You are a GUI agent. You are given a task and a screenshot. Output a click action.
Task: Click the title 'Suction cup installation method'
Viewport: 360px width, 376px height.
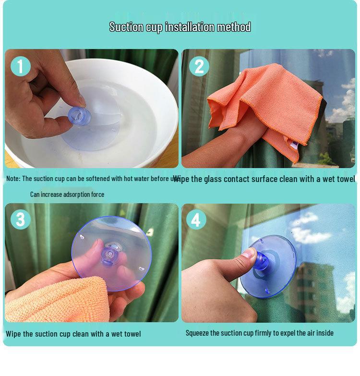click(x=180, y=26)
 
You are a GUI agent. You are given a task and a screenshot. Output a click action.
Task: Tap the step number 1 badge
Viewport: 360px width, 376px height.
click(x=20, y=66)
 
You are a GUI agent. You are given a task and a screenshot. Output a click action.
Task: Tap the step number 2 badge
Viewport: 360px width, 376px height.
click(x=199, y=66)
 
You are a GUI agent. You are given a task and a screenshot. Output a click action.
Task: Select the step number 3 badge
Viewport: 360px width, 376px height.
click(x=20, y=220)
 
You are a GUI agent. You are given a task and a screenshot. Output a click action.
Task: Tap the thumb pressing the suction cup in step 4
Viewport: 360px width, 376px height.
click(x=248, y=254)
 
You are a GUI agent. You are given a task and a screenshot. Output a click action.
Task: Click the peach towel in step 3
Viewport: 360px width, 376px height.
click(x=58, y=298)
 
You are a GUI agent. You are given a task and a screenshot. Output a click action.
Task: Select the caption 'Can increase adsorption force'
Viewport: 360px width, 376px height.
click(x=67, y=194)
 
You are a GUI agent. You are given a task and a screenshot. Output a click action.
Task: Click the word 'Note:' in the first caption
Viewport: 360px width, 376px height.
click(x=13, y=179)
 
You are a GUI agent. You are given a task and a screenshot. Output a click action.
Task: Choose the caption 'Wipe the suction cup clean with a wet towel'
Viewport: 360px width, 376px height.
click(x=73, y=334)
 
